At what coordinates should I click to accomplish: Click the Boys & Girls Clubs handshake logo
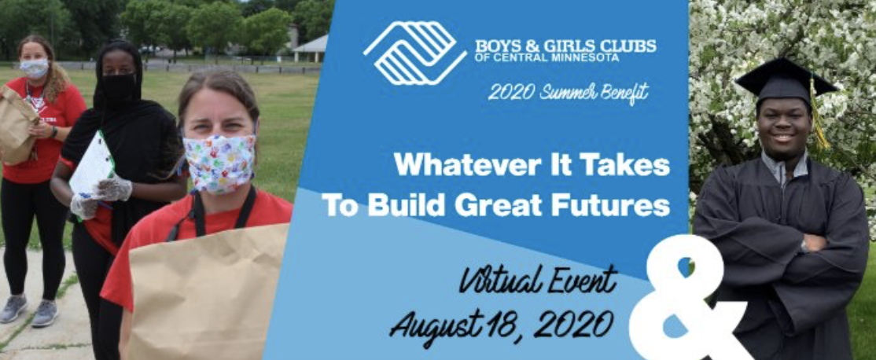click(x=414, y=53)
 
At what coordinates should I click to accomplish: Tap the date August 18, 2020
click(x=502, y=322)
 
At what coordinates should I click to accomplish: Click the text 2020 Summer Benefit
click(x=568, y=93)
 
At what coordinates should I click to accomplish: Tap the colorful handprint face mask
click(x=219, y=163)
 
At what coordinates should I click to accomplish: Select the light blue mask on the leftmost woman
click(x=34, y=68)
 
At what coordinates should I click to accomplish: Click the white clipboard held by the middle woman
click(x=92, y=166)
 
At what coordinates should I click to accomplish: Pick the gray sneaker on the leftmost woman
click(x=14, y=308)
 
